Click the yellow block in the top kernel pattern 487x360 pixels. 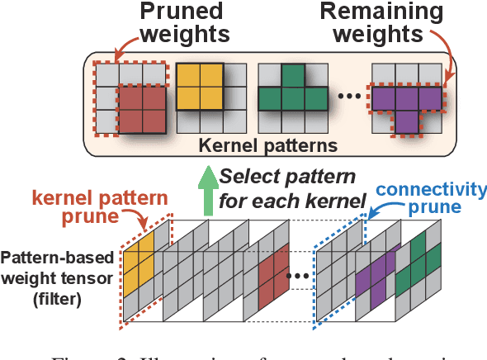[201, 88]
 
